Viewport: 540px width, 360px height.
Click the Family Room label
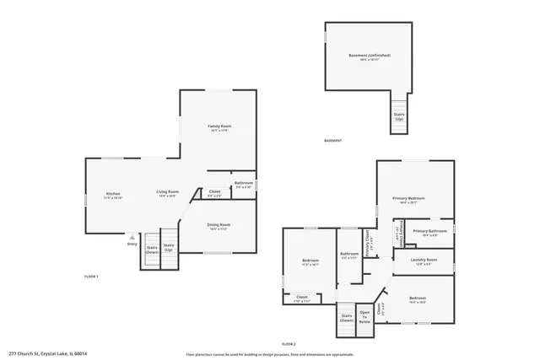tap(219, 126)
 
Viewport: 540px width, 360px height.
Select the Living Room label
tap(167, 192)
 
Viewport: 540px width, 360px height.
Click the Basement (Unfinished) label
tap(369, 56)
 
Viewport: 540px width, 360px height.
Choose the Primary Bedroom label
tap(408, 198)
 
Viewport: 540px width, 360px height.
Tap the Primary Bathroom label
tap(429, 230)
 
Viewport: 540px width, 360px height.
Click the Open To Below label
tap(364, 318)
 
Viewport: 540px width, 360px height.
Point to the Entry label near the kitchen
tap(132, 244)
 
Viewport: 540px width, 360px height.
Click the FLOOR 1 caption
tap(91, 277)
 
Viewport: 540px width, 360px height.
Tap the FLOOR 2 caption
tap(289, 344)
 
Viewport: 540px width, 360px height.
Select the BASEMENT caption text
tap(333, 141)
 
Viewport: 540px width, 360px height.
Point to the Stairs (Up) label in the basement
tap(399, 116)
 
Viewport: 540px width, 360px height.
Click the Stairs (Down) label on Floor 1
tap(152, 250)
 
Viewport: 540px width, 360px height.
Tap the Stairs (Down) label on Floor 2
tap(347, 318)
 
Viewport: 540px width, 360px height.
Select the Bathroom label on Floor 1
tap(244, 183)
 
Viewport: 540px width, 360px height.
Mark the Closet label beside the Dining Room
tap(214, 192)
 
